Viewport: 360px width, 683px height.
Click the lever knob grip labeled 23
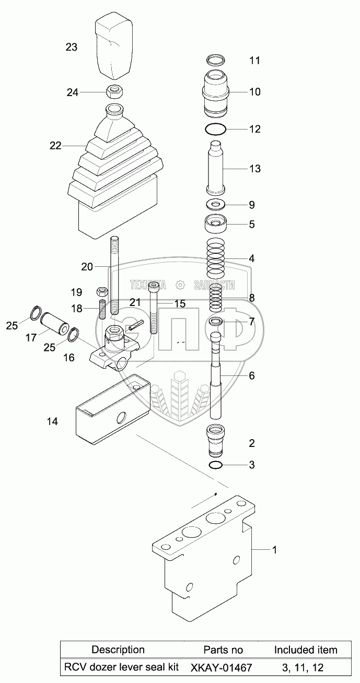(x=113, y=48)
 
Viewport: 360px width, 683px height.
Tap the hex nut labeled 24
(x=114, y=92)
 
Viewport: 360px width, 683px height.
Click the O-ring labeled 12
(x=215, y=129)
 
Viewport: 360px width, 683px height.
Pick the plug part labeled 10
(x=216, y=93)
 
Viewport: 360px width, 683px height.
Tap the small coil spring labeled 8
(x=216, y=298)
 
